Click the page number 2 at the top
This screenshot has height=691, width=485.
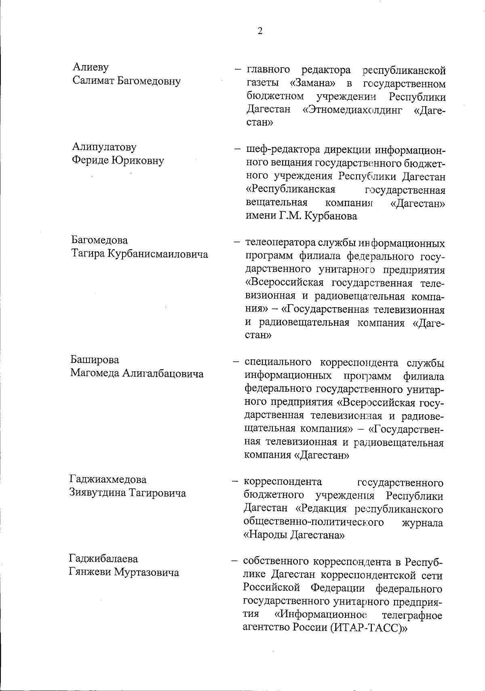(260, 31)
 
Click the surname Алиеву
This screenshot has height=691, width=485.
(91, 67)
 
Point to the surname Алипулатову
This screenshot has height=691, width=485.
(104, 147)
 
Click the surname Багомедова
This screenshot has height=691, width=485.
(99, 240)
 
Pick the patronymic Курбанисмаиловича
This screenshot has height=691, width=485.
(157, 254)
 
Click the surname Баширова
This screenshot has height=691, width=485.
(95, 360)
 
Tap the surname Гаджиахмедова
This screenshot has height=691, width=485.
(108, 480)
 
